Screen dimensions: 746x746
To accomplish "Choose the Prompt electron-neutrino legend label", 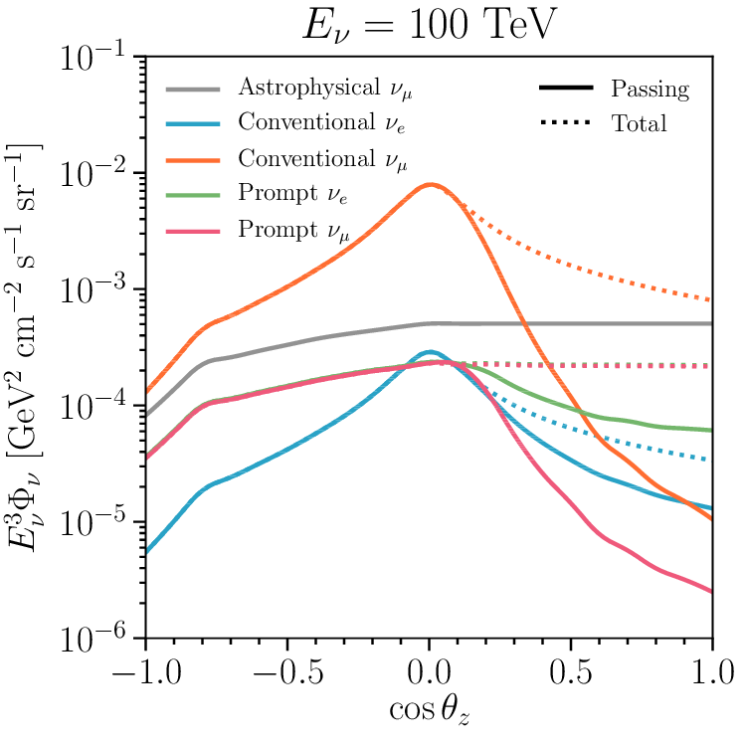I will [x=297, y=193].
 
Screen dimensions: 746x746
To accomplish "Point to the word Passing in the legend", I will [x=650, y=90].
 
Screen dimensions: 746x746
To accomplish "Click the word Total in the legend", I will [x=639, y=124].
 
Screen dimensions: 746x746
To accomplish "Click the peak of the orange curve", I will [x=430, y=184].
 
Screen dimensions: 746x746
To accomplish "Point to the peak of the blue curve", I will [x=429, y=352].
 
